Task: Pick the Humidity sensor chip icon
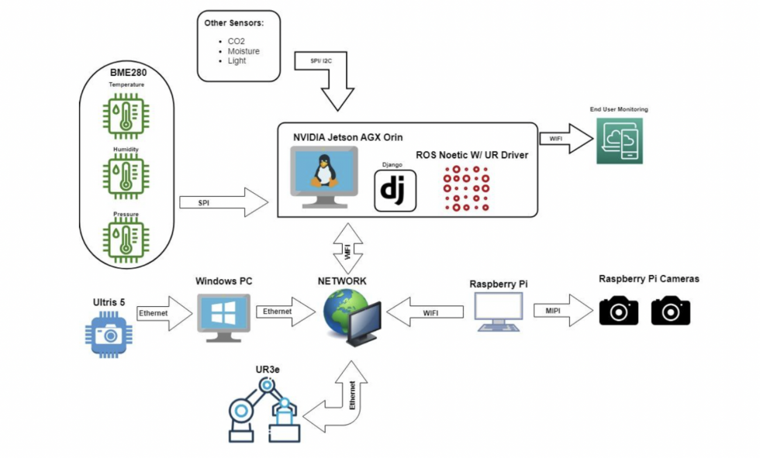click(126, 176)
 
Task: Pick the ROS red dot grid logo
click(465, 188)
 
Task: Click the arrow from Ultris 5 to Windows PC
click(164, 313)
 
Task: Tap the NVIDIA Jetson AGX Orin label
click(346, 137)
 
